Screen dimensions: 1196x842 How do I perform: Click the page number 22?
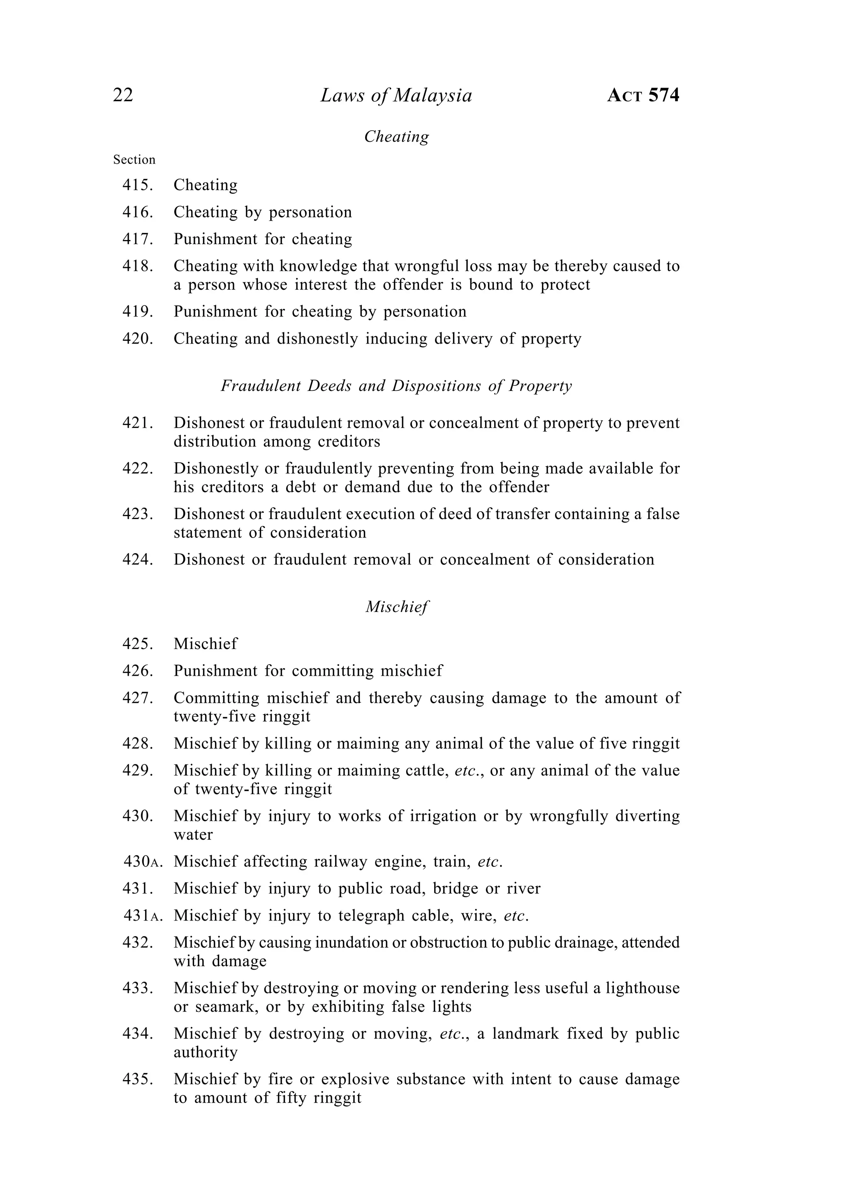[x=123, y=95]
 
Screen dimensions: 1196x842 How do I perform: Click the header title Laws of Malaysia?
[x=396, y=95]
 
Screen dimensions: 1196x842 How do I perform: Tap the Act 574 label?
[x=643, y=95]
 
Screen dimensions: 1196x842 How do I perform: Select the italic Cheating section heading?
[x=396, y=136]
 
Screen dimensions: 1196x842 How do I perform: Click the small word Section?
[x=134, y=159]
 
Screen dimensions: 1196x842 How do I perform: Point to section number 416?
[x=138, y=212]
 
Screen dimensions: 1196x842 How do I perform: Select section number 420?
[x=138, y=339]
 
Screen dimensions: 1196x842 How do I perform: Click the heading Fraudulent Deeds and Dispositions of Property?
[x=396, y=386]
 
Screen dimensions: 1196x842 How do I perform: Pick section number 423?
[x=138, y=514]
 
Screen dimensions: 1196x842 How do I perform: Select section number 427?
[x=138, y=698]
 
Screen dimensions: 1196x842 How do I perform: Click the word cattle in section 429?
[x=429, y=771]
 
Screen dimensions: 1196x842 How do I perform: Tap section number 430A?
[x=143, y=861]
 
